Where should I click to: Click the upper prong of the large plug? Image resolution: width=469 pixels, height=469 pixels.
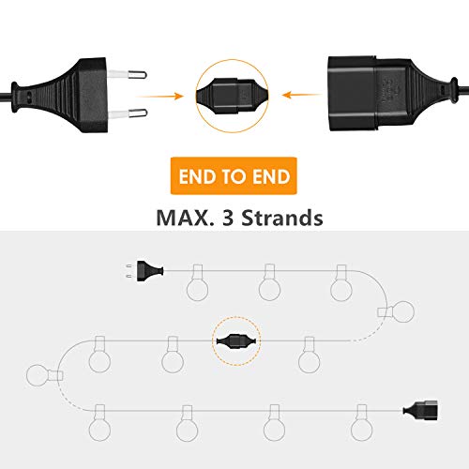click(x=128, y=75)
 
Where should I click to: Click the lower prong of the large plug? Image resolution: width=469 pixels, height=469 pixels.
click(x=128, y=113)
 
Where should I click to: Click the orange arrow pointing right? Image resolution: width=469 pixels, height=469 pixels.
click(x=160, y=96)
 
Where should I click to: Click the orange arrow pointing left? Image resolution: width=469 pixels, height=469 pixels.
click(x=302, y=95)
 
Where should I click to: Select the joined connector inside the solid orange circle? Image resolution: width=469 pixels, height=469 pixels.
click(x=232, y=97)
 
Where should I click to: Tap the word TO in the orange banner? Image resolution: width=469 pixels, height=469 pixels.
click(x=234, y=176)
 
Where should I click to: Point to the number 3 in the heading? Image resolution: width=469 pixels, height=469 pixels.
click(x=228, y=218)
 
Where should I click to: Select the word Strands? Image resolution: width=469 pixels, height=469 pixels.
click(x=282, y=218)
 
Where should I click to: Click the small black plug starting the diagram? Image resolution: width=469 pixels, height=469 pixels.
click(x=146, y=271)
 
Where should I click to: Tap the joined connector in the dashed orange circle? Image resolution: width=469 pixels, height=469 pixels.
click(x=236, y=340)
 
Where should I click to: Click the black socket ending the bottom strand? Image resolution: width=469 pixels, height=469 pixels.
click(x=421, y=410)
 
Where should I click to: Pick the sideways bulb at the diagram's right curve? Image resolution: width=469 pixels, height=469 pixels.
click(x=396, y=311)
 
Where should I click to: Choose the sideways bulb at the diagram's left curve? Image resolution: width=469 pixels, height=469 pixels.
click(x=45, y=375)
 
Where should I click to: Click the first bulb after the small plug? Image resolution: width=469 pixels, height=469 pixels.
click(x=197, y=282)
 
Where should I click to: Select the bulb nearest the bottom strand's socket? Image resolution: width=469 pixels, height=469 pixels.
click(x=362, y=422)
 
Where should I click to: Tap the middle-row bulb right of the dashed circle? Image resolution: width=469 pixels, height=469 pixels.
click(x=310, y=355)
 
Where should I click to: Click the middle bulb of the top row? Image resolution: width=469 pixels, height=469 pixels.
click(x=269, y=282)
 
